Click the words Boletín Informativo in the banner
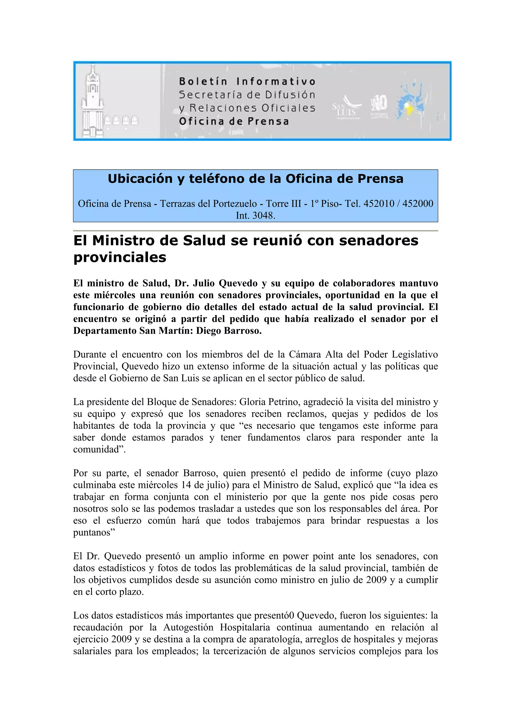tap(247, 81)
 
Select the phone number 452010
tap(379, 203)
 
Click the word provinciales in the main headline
tap(120, 257)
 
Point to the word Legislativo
tap(415, 355)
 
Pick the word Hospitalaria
tap(245, 627)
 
